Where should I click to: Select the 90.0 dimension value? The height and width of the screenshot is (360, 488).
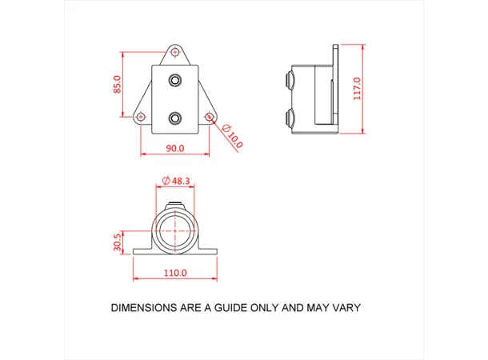click(x=175, y=148)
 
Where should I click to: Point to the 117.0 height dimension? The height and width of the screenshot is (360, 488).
click(x=358, y=88)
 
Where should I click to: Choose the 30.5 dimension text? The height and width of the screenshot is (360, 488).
click(x=118, y=242)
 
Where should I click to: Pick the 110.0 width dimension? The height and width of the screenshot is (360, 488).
click(x=175, y=273)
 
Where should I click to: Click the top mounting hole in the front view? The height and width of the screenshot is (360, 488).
click(x=175, y=53)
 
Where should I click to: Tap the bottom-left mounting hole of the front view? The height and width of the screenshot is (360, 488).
click(x=142, y=117)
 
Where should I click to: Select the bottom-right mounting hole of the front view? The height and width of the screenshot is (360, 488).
click(x=209, y=117)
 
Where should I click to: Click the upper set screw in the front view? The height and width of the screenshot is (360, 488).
click(x=175, y=80)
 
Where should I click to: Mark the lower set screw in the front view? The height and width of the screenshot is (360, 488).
click(x=175, y=118)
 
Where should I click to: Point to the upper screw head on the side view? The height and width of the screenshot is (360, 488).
click(x=287, y=80)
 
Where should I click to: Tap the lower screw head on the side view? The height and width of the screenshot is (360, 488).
click(x=287, y=119)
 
